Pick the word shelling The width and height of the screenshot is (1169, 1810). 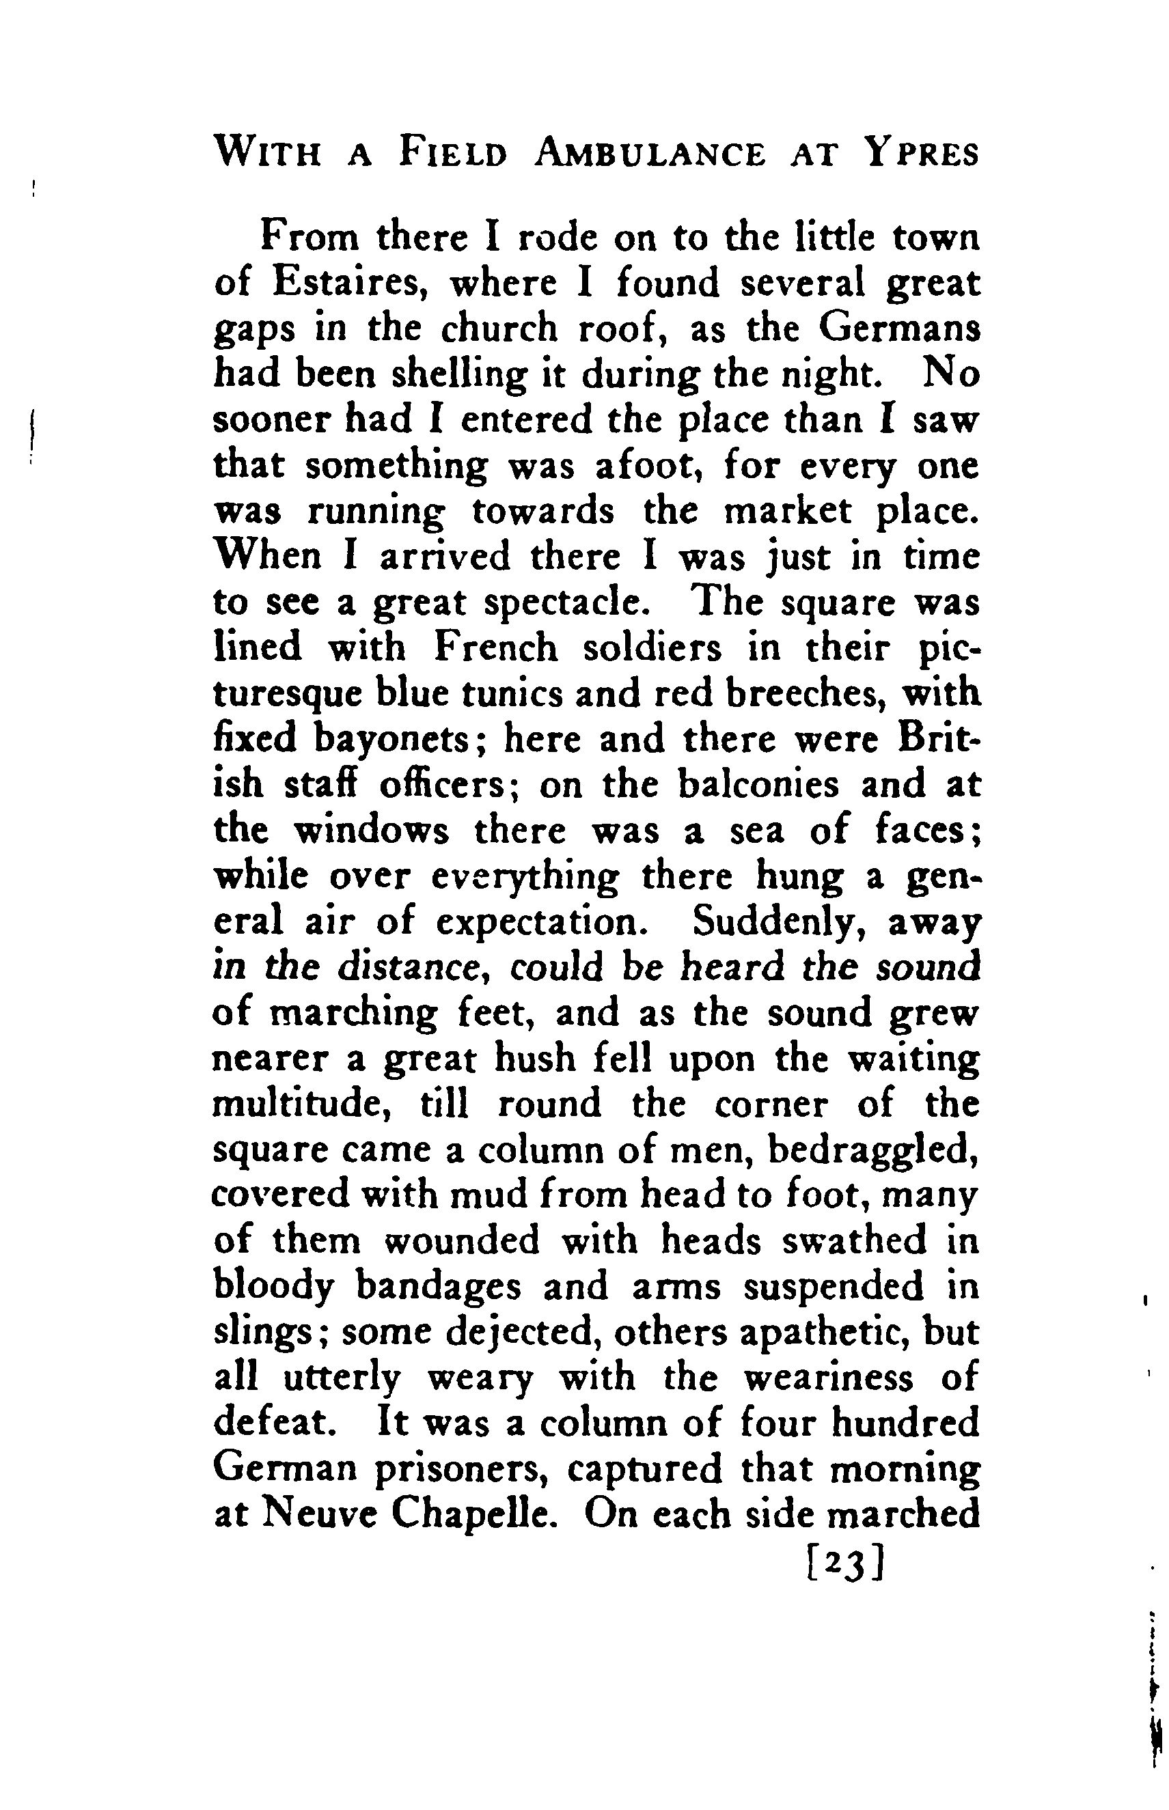458,375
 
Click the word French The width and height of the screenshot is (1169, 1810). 497,648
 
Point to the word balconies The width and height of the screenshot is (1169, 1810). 758,785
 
